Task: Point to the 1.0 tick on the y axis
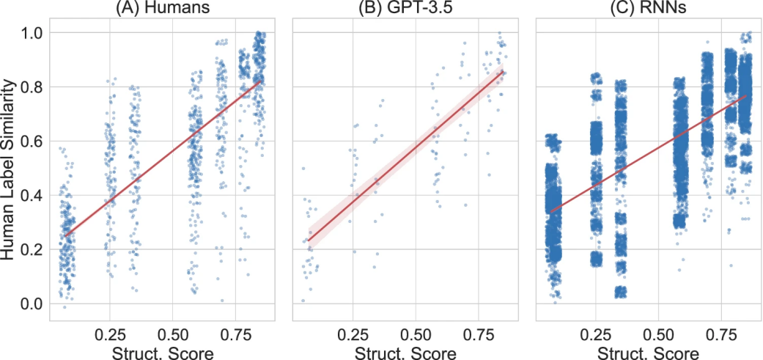(x=32, y=34)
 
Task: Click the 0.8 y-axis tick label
(x=32, y=88)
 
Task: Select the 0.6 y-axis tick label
(x=32, y=142)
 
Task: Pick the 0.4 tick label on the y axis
(x=32, y=196)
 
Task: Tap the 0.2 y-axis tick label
(x=32, y=249)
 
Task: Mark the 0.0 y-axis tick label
(x=32, y=304)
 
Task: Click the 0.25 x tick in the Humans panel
(x=110, y=332)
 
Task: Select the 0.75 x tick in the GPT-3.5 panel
(x=478, y=332)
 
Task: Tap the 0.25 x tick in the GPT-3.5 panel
(x=353, y=332)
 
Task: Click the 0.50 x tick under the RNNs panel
(x=659, y=332)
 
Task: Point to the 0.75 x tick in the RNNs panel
(x=721, y=332)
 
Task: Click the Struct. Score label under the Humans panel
(x=162, y=352)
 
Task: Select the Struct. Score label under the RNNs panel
(x=649, y=352)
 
